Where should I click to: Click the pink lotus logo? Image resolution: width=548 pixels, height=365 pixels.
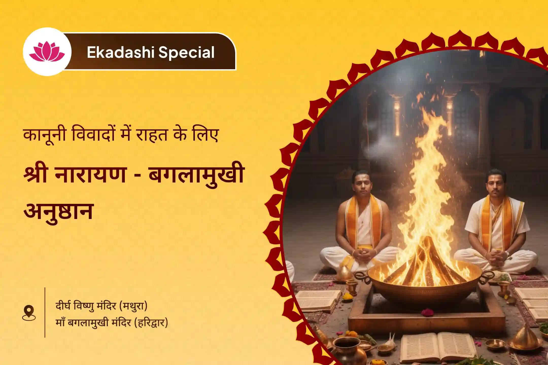pos(47,52)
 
